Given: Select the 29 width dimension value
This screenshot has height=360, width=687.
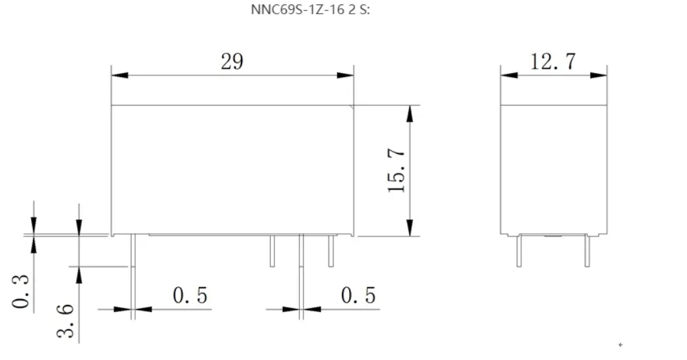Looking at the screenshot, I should pyautogui.click(x=232, y=62).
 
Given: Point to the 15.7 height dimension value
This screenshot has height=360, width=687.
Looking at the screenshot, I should pyautogui.click(x=396, y=170).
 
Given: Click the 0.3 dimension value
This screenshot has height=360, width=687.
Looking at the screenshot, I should pyautogui.click(x=22, y=291).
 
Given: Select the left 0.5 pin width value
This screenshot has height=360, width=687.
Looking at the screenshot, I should pyautogui.click(x=190, y=296).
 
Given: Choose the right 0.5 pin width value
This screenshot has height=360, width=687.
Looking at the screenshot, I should pyautogui.click(x=358, y=296).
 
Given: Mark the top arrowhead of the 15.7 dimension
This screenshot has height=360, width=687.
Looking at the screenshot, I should pyautogui.click(x=409, y=113).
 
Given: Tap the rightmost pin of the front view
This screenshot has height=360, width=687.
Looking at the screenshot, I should pyautogui.click(x=331, y=251).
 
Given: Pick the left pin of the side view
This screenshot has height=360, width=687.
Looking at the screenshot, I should pyautogui.click(x=519, y=251).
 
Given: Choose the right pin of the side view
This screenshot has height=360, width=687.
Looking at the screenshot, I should pyautogui.click(x=587, y=251).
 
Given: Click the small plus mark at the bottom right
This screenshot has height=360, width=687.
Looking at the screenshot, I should pyautogui.click(x=621, y=345).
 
